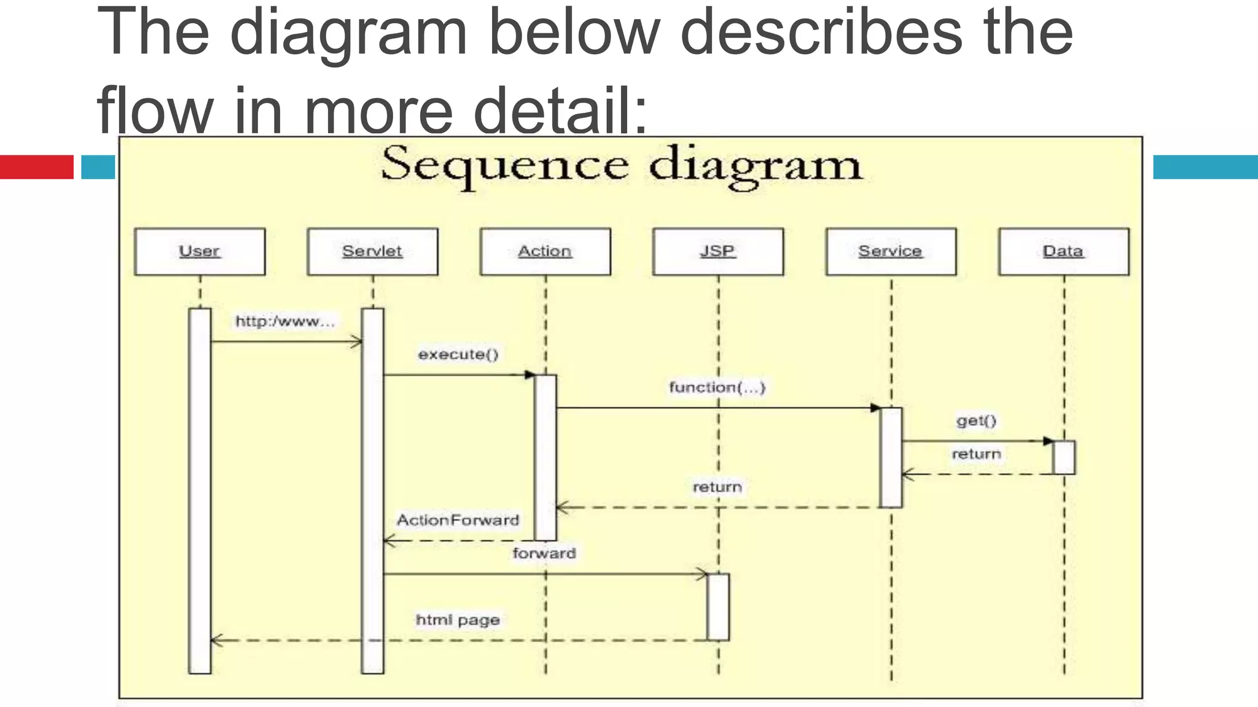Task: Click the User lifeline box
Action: pos(200,252)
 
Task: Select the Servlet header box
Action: pos(372,252)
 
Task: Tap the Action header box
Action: pos(545,252)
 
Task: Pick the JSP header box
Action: pos(718,252)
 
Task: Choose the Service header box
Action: pos(891,252)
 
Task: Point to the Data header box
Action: pos(1063,252)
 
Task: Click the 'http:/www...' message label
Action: pos(285,322)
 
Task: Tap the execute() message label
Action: pos(458,355)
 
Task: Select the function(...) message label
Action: pos(717,388)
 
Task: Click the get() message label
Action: pos(976,421)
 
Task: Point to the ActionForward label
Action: pos(458,520)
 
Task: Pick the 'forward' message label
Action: pos(544,554)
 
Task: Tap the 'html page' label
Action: pos(458,620)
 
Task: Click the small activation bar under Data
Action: pos(1064,457)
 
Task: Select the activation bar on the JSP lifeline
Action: pos(718,607)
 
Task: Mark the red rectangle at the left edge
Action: pos(37,167)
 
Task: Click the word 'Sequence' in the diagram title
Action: pos(504,164)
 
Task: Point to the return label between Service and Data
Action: pos(976,454)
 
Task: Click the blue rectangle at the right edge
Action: pos(1205,167)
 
